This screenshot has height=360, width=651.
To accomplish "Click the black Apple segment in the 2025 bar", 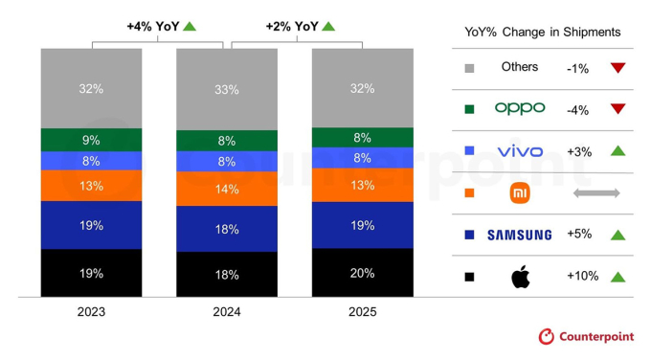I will (x=362, y=272).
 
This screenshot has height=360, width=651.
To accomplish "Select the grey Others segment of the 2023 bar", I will (x=92, y=88).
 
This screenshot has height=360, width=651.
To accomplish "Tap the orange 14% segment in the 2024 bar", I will (x=227, y=189).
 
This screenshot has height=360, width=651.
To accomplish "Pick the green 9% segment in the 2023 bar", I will (x=92, y=140).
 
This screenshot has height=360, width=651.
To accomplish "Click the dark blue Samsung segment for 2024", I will (x=227, y=229).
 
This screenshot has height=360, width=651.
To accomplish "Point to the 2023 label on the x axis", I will (x=92, y=312).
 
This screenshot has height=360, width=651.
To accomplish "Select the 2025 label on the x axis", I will (x=362, y=312).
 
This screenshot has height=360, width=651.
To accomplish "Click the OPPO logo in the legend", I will (x=520, y=109).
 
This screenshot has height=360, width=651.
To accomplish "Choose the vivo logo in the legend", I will (x=520, y=151).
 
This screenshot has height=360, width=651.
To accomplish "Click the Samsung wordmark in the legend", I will (x=520, y=235).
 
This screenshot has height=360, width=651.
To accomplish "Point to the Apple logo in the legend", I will (x=520, y=276).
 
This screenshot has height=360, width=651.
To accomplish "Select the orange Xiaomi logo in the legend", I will (x=520, y=193).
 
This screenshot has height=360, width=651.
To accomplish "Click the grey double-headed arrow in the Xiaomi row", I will (x=596, y=193).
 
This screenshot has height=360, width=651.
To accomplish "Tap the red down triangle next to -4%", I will (x=617, y=110).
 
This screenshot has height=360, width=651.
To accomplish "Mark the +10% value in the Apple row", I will (x=582, y=277).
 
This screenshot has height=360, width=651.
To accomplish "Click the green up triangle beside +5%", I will (x=617, y=235).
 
